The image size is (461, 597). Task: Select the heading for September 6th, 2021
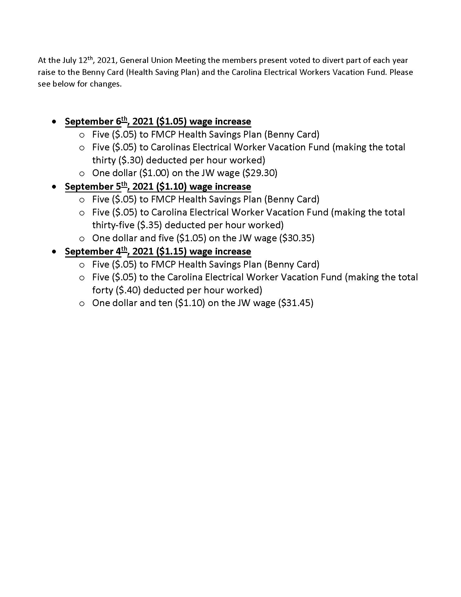click(158, 121)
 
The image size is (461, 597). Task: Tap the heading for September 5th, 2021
click(158, 186)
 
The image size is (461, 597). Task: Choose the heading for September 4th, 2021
click(158, 251)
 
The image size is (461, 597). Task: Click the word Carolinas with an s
click(170, 147)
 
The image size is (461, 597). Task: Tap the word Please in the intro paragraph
click(401, 72)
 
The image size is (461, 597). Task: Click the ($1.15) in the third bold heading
click(171, 251)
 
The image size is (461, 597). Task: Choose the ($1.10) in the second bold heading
click(171, 186)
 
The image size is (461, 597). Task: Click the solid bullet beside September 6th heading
click(55, 121)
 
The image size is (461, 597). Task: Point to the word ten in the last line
click(165, 303)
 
